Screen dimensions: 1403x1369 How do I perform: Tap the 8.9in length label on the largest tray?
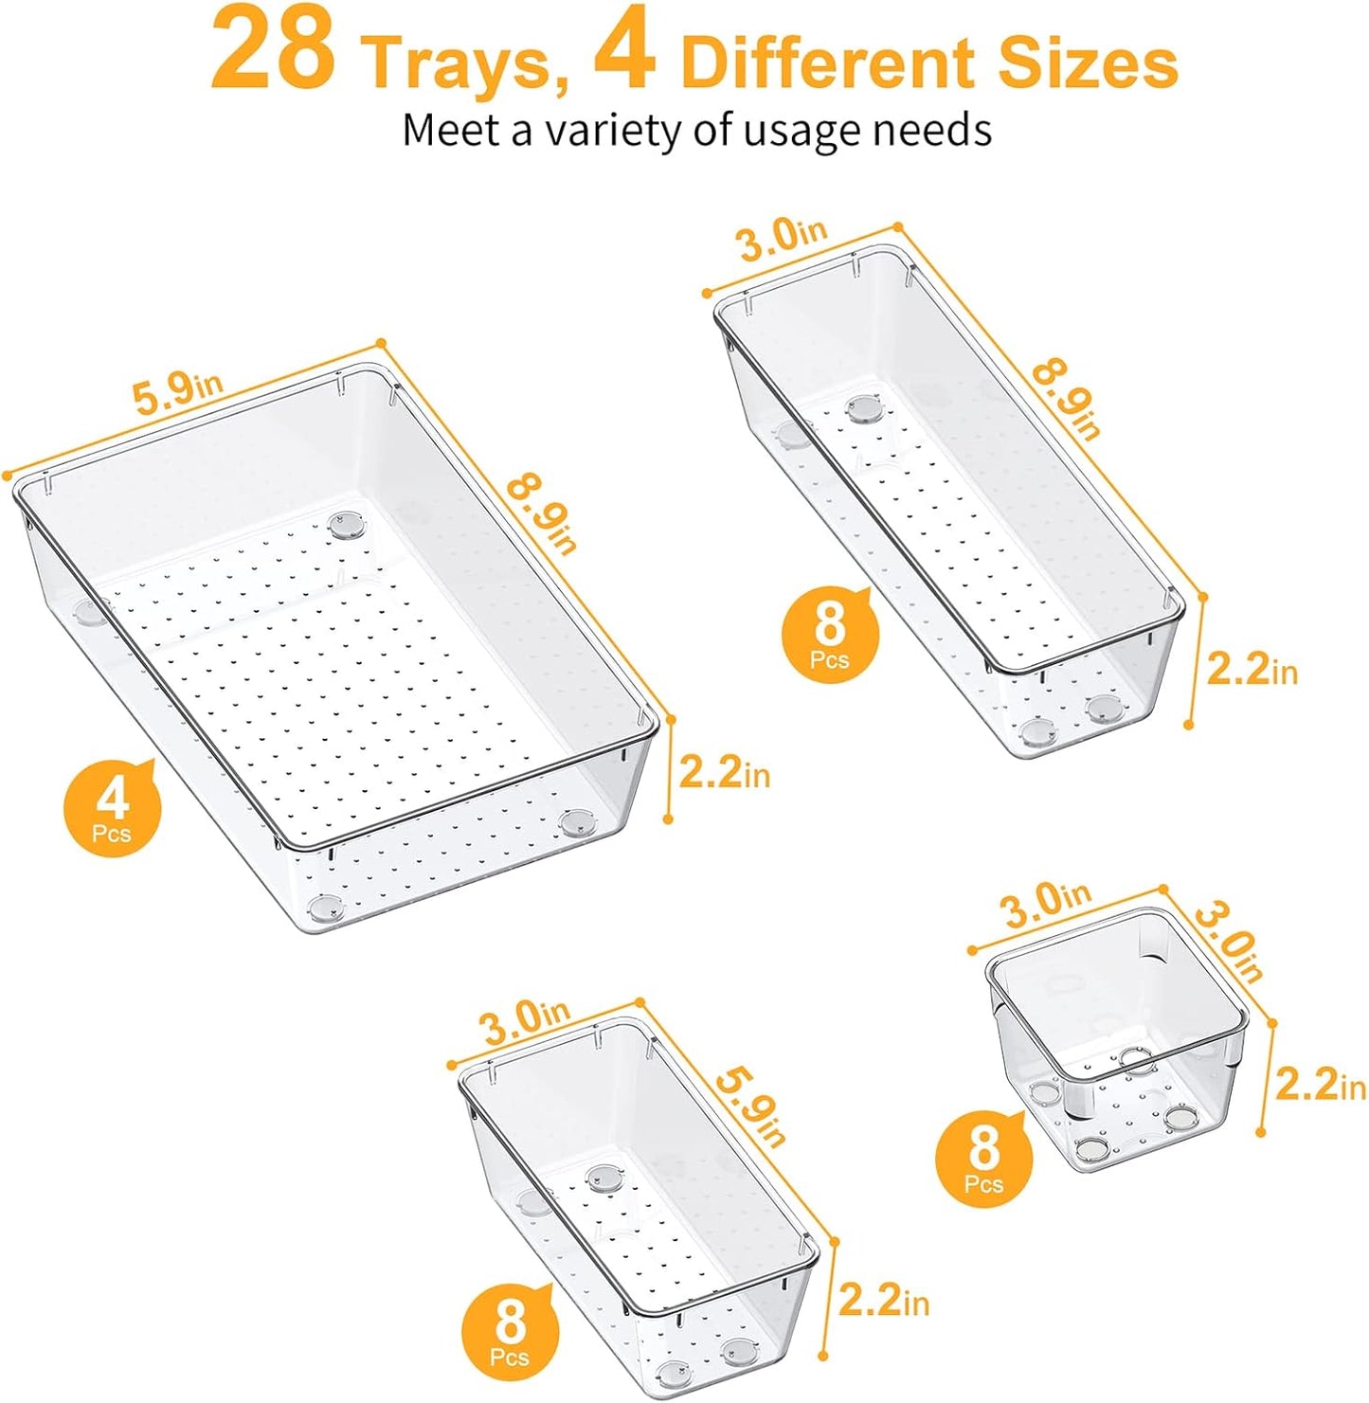(x=542, y=513)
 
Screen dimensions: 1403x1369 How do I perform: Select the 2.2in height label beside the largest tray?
(x=725, y=773)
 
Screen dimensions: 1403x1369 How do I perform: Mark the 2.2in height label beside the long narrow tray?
(x=1252, y=670)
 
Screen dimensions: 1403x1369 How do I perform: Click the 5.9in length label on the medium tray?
(x=750, y=1106)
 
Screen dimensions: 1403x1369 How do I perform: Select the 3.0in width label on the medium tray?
(x=525, y=1021)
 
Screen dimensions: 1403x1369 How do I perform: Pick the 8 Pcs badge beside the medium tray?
(x=510, y=1330)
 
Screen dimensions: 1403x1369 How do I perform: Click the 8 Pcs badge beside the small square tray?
(x=983, y=1156)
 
